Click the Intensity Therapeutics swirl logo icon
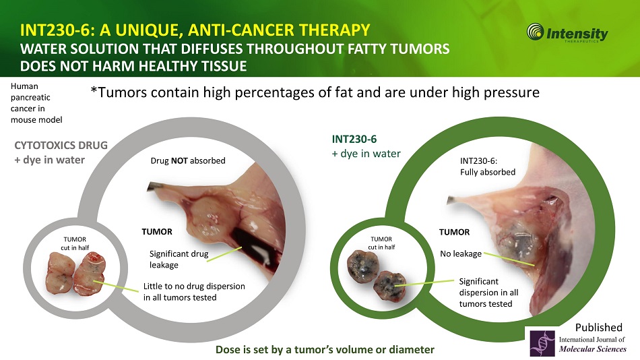coord(535,32)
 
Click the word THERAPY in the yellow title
coord(334,30)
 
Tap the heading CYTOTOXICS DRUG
coord(61,146)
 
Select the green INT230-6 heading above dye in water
coord(354,140)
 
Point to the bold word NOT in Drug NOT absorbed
coord(179,160)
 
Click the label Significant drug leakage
coord(179,259)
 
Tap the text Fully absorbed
coord(488,172)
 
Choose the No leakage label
coord(461,253)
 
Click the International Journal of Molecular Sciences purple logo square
coord(542,343)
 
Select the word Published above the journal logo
coord(599,328)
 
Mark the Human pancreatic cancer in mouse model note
coord(36,103)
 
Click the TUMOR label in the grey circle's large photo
coord(157,232)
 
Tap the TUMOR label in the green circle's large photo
coord(454,232)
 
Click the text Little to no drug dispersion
coord(194,286)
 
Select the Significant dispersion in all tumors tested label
coord(488,293)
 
